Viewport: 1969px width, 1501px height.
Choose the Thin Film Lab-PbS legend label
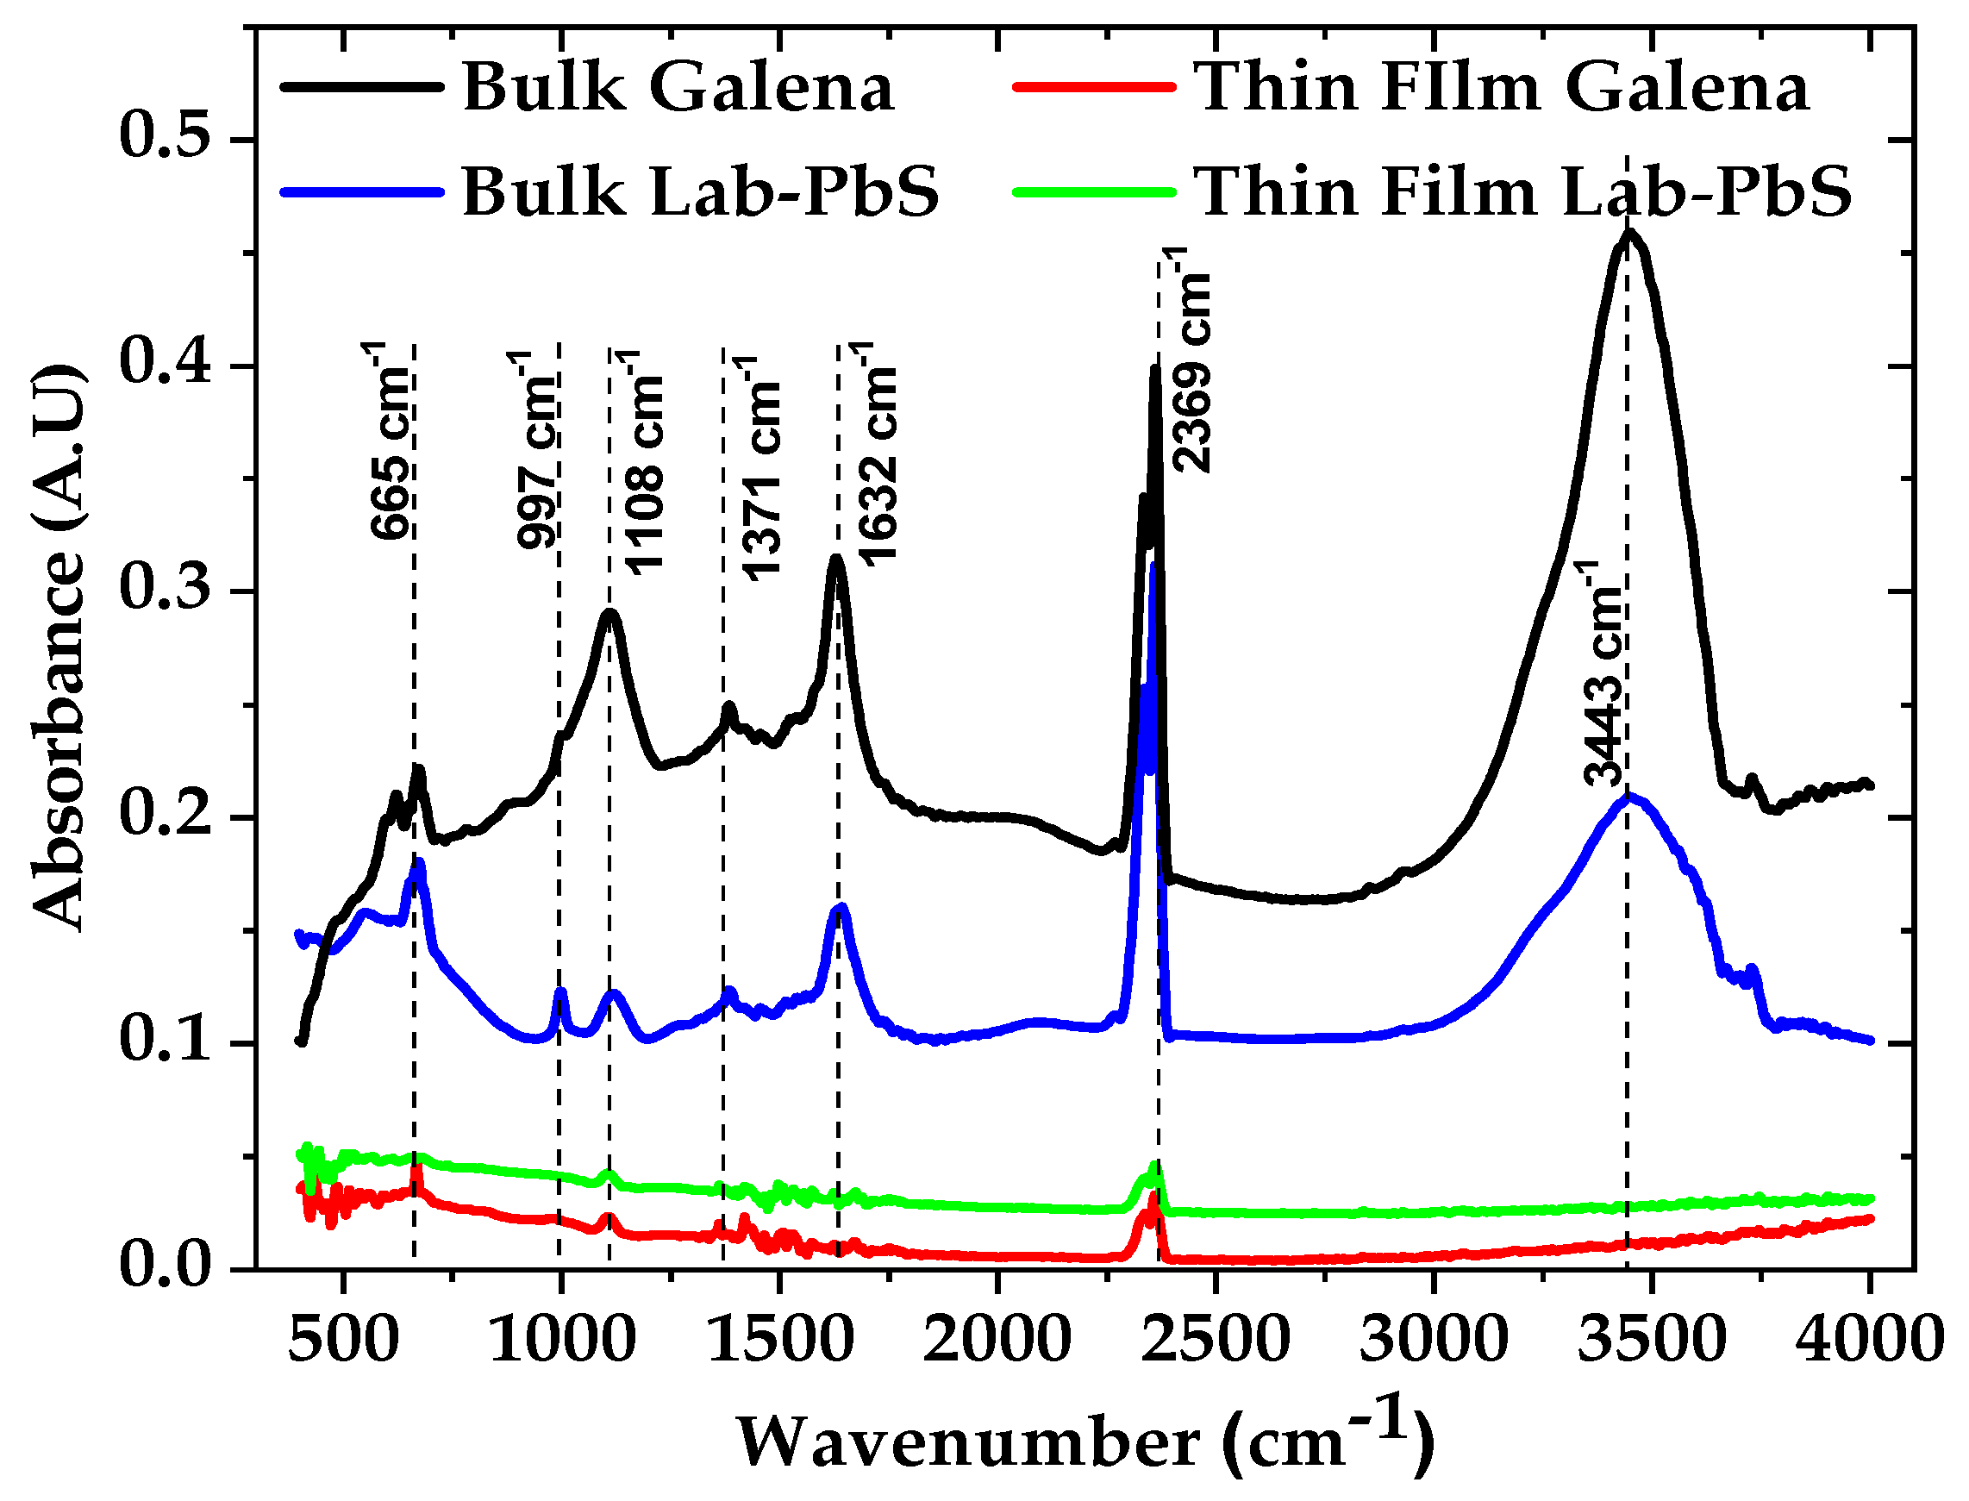1522,191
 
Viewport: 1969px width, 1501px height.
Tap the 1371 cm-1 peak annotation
760,469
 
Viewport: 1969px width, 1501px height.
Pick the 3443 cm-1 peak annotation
1603,674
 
